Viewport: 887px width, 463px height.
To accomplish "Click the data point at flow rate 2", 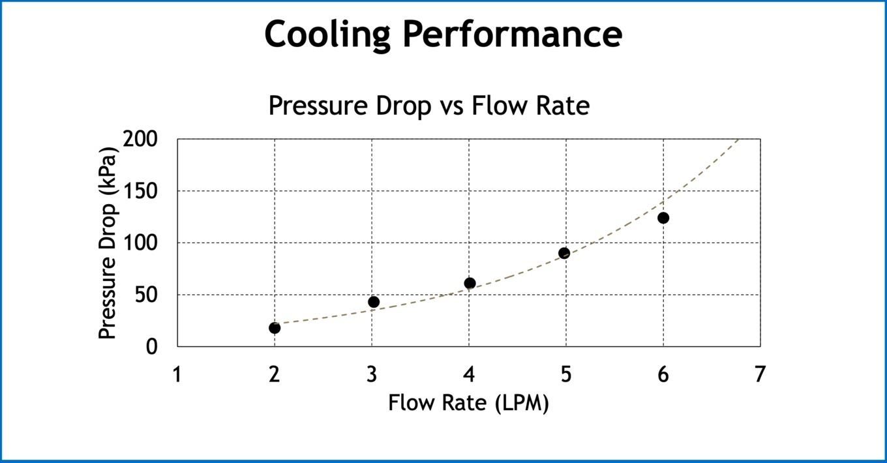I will coord(275,327).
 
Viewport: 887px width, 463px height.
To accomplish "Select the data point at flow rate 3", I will coord(374,302).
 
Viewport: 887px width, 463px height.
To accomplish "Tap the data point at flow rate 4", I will coord(470,283).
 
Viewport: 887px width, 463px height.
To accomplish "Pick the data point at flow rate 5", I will coord(564,253).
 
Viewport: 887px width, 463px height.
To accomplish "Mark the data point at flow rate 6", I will coord(663,218).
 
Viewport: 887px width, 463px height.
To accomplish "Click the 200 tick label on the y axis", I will coord(141,139).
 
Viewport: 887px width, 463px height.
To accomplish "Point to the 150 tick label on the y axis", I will coord(142,191).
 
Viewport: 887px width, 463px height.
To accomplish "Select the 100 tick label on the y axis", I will coord(142,243).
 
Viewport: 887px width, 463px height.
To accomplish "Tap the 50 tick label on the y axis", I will coord(147,295).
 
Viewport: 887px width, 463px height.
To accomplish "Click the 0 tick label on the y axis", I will coord(152,346).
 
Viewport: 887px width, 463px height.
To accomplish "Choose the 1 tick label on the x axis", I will coord(177,375).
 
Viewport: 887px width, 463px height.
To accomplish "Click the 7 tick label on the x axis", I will coord(760,375).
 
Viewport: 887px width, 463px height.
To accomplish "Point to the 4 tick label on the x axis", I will coord(469,375).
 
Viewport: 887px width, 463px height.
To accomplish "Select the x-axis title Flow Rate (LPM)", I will coord(468,403).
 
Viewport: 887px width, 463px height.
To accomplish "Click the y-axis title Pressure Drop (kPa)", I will coord(108,243).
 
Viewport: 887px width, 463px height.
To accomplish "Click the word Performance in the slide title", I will coord(512,34).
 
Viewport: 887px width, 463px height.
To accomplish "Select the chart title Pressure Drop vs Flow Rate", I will coord(428,105).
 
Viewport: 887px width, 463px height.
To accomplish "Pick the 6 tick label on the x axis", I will coord(663,375).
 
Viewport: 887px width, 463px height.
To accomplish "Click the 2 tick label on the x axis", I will coord(275,375).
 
